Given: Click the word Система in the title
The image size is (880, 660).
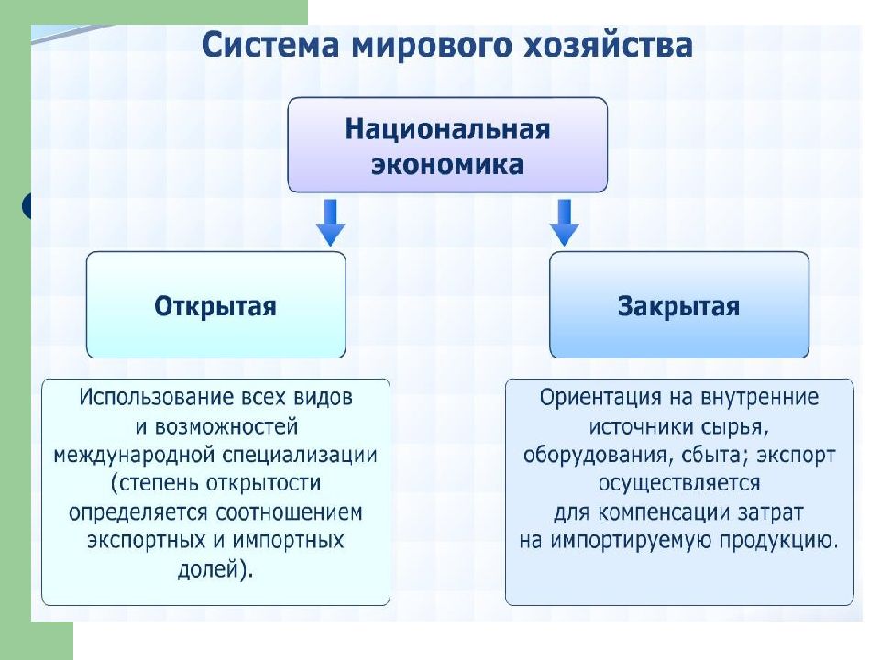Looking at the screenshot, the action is (x=270, y=46).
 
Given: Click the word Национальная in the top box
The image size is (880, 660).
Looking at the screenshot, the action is (x=447, y=129).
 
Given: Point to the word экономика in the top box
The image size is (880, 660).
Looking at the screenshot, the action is (x=447, y=165).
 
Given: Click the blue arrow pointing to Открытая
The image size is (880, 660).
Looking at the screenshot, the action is (x=331, y=223).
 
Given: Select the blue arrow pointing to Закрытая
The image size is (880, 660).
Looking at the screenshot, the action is (x=564, y=223).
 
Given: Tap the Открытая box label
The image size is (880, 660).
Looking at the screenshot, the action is (x=215, y=306).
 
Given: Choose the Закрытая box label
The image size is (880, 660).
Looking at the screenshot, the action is (x=678, y=306).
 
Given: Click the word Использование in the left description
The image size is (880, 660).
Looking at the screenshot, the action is (x=156, y=397).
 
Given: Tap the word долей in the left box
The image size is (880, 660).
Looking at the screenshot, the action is (x=208, y=569).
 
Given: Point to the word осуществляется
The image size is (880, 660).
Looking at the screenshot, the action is (x=679, y=484).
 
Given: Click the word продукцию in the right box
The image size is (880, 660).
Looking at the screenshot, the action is (x=778, y=541).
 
